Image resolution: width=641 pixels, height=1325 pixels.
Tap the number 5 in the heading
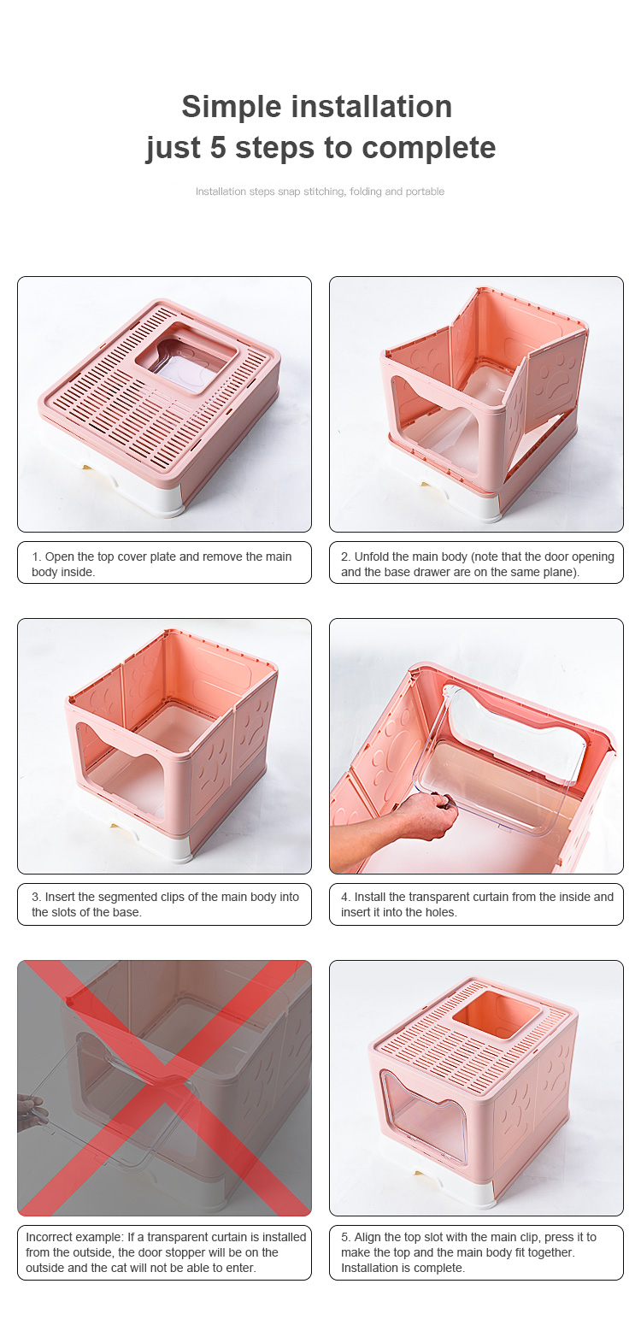[218, 147]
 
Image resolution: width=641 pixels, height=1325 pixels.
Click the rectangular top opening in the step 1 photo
[185, 358]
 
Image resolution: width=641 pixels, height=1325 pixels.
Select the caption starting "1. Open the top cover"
[164, 562]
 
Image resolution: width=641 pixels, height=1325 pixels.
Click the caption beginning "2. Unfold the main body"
[476, 562]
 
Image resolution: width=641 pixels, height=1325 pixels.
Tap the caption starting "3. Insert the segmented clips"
[164, 904]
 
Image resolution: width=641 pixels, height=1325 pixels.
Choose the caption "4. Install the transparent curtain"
[476, 904]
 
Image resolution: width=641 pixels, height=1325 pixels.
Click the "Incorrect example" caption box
[164, 1252]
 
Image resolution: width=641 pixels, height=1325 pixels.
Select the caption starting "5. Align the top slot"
[476, 1252]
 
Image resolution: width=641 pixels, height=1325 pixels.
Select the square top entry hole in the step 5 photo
[497, 1013]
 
